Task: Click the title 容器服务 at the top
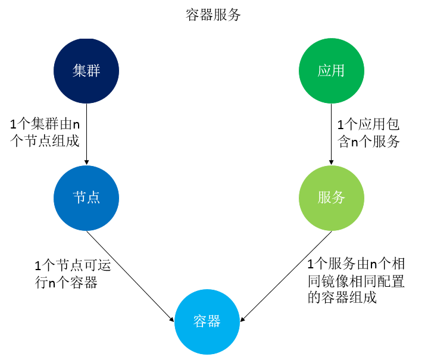(x=213, y=15)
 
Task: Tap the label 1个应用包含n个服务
(x=368, y=133)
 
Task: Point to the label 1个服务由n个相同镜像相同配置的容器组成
(x=355, y=280)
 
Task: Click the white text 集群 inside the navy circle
(x=86, y=71)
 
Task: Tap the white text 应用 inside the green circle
(x=331, y=71)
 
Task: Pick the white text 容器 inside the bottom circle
(x=207, y=322)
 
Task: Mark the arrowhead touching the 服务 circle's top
(x=331, y=161)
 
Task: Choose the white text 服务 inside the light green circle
(x=331, y=198)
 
